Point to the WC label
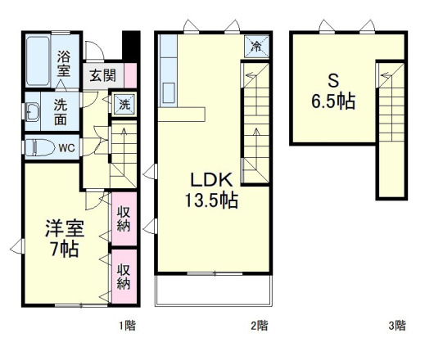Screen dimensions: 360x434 point(66,148)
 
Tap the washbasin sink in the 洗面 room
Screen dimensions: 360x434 point(32,112)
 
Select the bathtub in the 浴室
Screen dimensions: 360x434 point(38,61)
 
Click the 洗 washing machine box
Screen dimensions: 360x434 point(124,104)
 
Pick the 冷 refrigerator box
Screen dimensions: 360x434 point(257,46)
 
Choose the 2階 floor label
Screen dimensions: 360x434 point(258,326)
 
